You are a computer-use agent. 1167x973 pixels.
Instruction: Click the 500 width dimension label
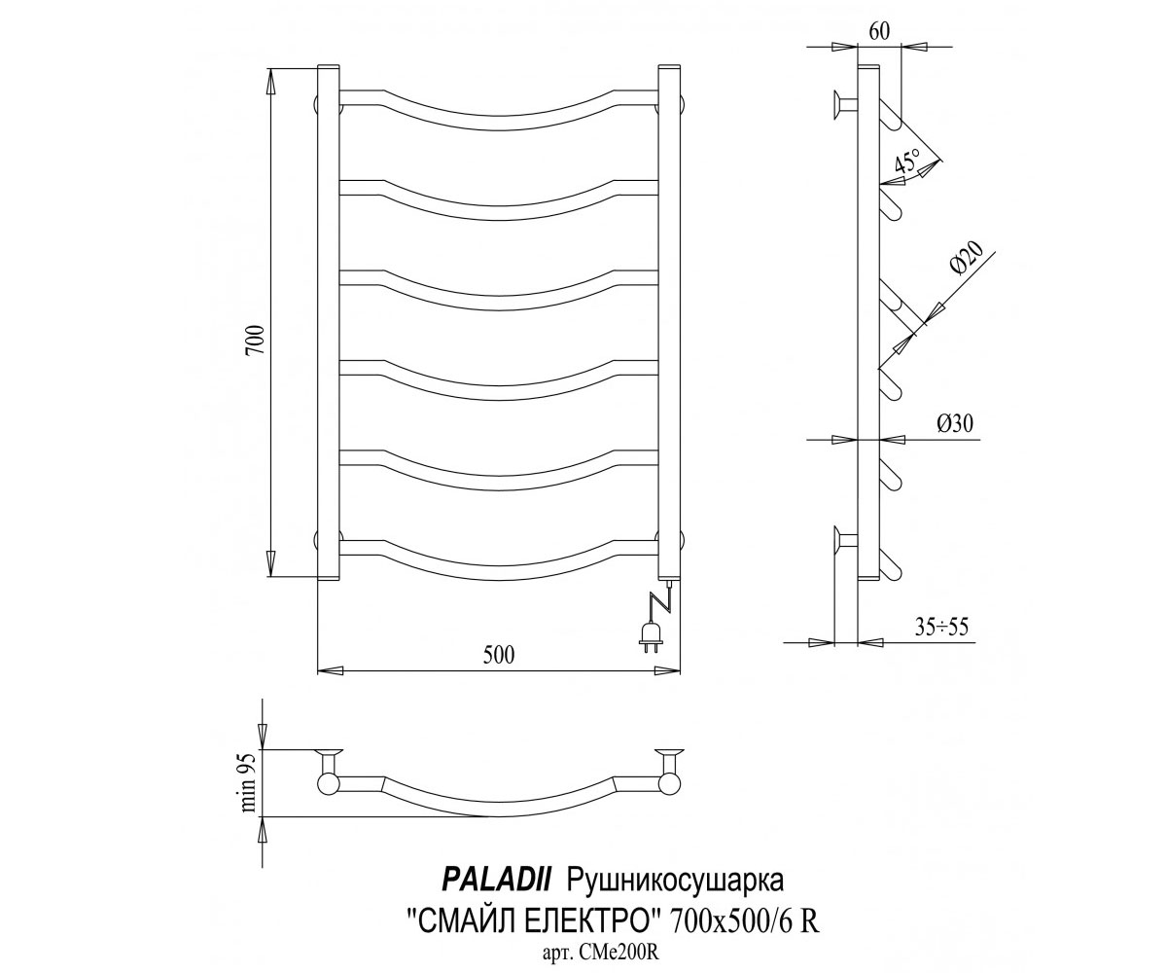(x=498, y=655)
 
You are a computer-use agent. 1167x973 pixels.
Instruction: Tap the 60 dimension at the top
(x=879, y=31)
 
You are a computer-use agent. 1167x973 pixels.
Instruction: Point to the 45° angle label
(x=907, y=162)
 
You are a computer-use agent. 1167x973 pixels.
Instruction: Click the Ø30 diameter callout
(x=955, y=424)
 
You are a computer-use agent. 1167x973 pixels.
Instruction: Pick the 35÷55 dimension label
(x=941, y=628)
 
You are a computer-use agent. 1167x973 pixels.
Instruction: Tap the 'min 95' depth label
(x=249, y=782)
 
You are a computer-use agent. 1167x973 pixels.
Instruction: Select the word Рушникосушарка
(x=675, y=882)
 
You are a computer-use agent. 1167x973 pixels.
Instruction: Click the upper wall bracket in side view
(x=845, y=105)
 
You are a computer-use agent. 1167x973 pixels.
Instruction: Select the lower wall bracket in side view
(x=845, y=541)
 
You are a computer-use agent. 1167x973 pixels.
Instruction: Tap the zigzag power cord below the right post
(x=659, y=601)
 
